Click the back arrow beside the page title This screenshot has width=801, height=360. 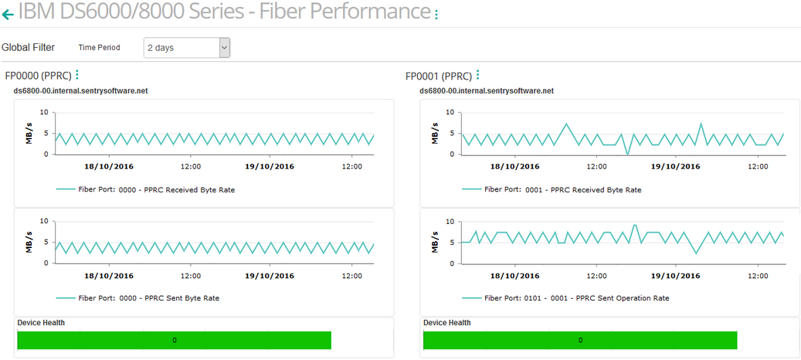(x=8, y=14)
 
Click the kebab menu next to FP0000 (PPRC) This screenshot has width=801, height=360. (x=77, y=75)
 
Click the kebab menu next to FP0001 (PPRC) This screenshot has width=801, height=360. (x=478, y=75)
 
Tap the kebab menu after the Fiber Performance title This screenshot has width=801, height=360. (x=436, y=15)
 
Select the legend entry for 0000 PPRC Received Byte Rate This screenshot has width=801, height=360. (x=146, y=189)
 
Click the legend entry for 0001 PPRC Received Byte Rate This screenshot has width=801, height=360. (x=552, y=189)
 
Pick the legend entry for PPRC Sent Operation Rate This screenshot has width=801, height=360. (x=565, y=297)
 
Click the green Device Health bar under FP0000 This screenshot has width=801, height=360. (x=174, y=340)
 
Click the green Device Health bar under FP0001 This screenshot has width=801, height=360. (x=579, y=340)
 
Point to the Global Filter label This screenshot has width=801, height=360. (x=29, y=47)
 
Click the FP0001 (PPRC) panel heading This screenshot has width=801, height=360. (x=438, y=76)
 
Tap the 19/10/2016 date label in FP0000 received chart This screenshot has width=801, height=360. (x=270, y=166)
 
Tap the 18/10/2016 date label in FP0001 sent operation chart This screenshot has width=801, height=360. (x=514, y=274)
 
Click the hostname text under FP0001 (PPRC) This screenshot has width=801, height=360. (x=487, y=90)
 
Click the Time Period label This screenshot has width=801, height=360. (x=99, y=47)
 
